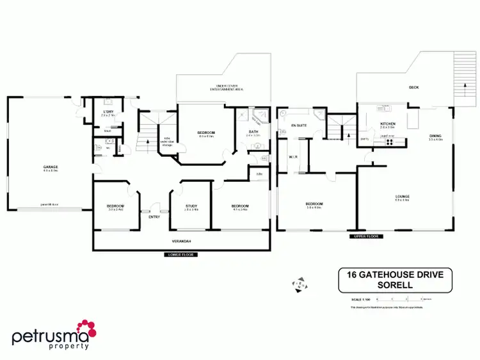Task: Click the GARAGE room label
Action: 51,168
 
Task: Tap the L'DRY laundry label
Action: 108,112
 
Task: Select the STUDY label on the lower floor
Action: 191,206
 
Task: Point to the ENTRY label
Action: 154,217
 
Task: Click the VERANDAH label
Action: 182,241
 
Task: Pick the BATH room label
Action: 253,132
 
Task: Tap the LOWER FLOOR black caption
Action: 180,255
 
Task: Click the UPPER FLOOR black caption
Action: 365,236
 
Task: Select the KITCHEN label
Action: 388,124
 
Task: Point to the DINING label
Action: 435,135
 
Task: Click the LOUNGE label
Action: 402,196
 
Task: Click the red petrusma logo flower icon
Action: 86,330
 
